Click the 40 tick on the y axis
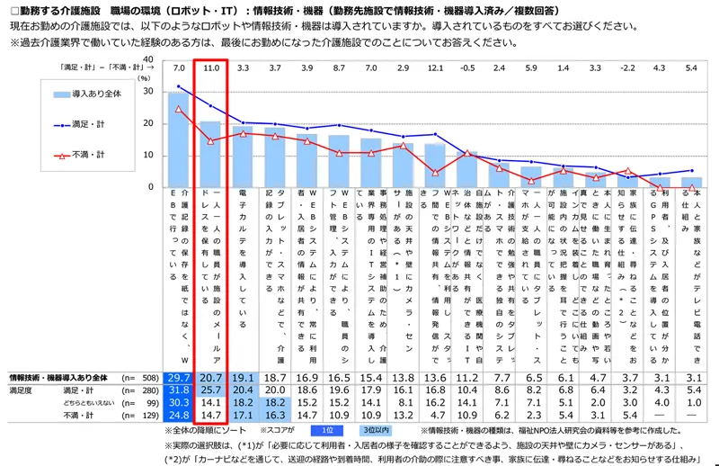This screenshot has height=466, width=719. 148,60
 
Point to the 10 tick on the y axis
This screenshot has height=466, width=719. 148,155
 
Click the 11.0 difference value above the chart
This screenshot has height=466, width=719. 211,68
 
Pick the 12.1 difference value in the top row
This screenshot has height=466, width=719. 436,68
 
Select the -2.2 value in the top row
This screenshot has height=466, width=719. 627,68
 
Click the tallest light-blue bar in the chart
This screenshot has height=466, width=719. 179,139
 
